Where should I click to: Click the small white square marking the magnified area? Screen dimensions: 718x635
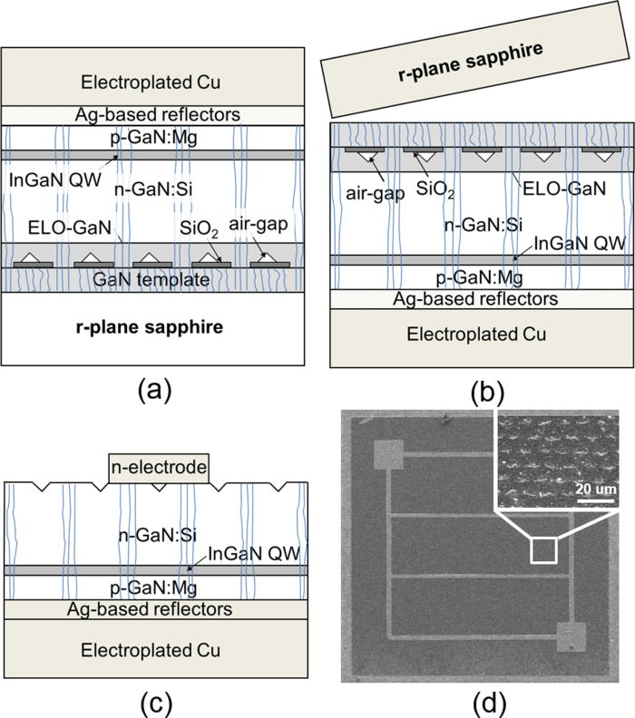543,551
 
